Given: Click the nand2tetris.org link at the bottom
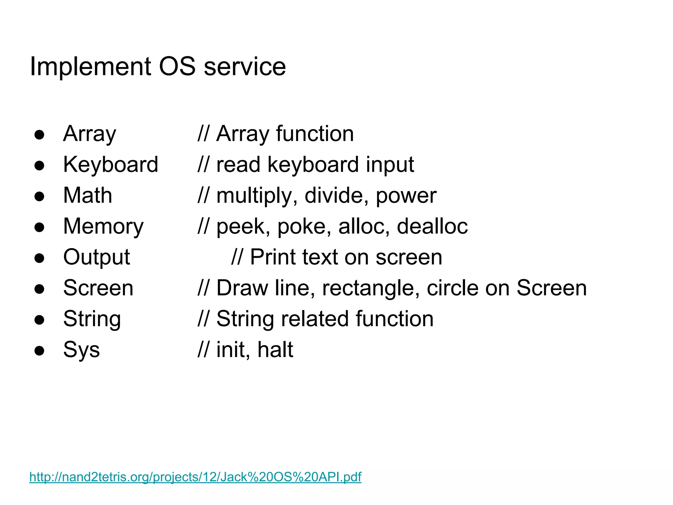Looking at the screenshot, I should click(x=195, y=477).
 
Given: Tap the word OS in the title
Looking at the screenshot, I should click(x=177, y=67).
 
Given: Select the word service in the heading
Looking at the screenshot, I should click(x=245, y=67).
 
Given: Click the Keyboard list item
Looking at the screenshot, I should click(x=111, y=164).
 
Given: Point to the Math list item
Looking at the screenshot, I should click(x=88, y=195).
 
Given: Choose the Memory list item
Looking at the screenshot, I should click(x=104, y=226).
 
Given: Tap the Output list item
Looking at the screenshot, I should click(x=97, y=257).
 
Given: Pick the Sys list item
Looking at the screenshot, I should click(x=81, y=349).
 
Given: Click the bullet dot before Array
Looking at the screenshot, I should click(x=39, y=134).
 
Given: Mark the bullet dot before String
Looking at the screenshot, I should click(x=39, y=320).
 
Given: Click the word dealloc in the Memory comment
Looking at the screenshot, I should click(x=432, y=226).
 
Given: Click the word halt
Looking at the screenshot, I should click(x=275, y=349).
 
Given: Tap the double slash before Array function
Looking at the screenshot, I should click(x=203, y=134).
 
